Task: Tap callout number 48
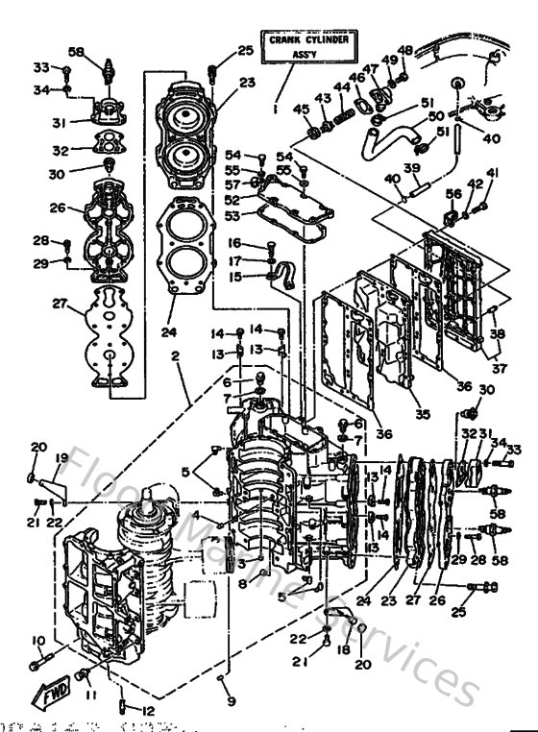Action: (405, 50)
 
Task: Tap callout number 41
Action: (494, 173)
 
